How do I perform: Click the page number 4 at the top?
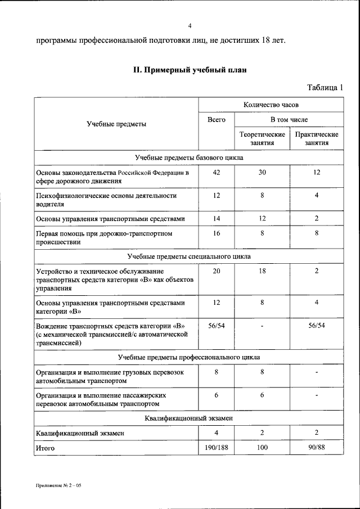[x=190, y=26]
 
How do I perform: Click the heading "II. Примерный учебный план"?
[x=190, y=70]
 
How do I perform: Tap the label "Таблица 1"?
[x=325, y=87]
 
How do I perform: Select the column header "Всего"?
[x=216, y=120]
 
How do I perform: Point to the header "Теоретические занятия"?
[x=262, y=139]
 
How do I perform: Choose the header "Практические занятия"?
[x=317, y=139]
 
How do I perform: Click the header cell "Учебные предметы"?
[x=116, y=124]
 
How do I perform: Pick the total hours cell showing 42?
[x=216, y=172]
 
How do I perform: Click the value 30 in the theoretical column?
[x=262, y=172]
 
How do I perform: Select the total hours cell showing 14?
[x=216, y=218]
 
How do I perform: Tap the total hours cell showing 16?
[x=216, y=233]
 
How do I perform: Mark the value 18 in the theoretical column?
[x=262, y=271]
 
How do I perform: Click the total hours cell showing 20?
[x=216, y=271]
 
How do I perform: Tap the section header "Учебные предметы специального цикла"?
[x=189, y=256]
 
